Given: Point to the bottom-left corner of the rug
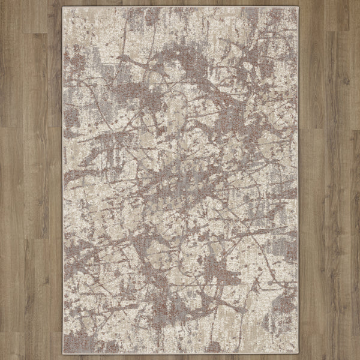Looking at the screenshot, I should click(x=62, y=353).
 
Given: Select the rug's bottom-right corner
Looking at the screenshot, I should click(x=298, y=353).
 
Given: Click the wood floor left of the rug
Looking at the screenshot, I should click(x=30, y=180).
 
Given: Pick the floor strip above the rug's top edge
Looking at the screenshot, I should click(x=180, y=3).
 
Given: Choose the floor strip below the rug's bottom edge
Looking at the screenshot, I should click(x=180, y=357).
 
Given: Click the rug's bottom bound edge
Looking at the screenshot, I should click(x=180, y=353).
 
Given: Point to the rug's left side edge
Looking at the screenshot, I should click(x=62, y=180).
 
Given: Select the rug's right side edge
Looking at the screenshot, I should click(x=298, y=180).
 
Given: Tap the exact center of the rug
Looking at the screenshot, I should click(x=180, y=180).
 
